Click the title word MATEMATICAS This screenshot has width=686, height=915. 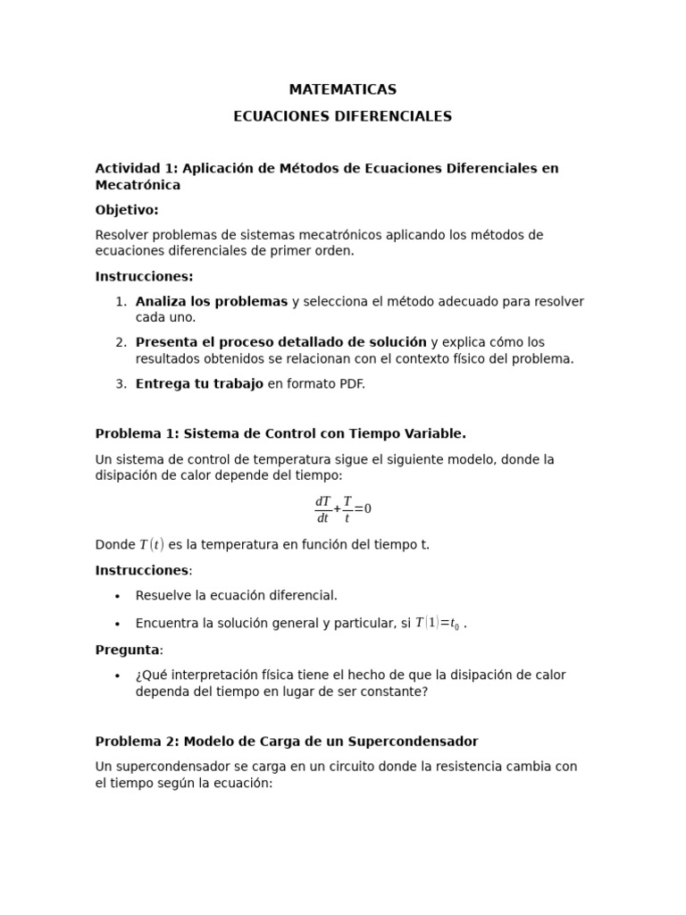pos(342,89)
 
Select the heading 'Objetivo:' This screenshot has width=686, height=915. pos(127,210)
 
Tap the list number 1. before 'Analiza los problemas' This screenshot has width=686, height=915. pos(121,302)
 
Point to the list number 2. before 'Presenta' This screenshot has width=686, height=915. pos(121,342)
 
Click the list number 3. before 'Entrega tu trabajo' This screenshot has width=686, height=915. pos(121,383)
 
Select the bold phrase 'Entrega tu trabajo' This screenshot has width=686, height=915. pos(199,383)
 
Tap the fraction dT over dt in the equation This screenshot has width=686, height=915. pos(322,509)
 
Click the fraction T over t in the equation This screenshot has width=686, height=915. pos(347,509)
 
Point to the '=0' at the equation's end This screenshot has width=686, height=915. pos(363,509)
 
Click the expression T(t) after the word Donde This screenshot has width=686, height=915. pos(151,544)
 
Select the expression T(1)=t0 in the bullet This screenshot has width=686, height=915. pos(438,623)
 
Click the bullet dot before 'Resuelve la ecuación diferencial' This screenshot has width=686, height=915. pos(117,596)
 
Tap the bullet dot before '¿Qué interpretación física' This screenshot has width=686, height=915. pos(117,676)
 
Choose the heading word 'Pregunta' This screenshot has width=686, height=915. pos(127,650)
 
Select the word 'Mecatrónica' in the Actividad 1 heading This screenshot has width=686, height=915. pos(138,185)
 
